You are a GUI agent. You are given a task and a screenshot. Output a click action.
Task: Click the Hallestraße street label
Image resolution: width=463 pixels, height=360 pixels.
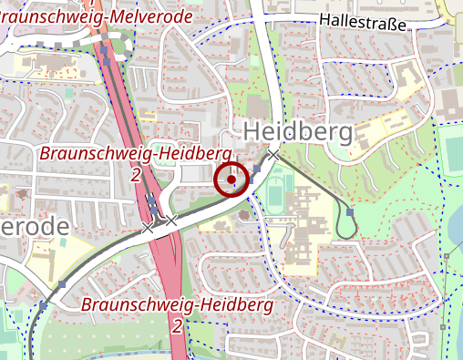pos(363,21)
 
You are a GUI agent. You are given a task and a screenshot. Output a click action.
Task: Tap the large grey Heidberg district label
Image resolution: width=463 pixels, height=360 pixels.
pos(297,132)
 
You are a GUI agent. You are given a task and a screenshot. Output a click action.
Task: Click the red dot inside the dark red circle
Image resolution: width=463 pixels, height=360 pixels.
pos(231,180)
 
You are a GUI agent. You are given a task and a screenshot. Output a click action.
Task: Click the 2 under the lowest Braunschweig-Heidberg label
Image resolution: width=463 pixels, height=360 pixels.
pos(176,324)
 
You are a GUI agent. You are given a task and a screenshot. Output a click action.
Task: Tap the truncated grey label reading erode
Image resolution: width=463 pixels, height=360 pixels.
pos(35,225)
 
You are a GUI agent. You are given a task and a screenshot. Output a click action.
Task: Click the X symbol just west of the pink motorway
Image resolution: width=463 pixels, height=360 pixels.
pos(148,227)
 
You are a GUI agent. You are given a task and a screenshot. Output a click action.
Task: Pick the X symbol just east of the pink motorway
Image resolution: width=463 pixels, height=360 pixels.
pos(171,220)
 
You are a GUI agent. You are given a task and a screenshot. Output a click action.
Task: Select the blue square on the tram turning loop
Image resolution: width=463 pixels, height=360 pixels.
pos(350,212)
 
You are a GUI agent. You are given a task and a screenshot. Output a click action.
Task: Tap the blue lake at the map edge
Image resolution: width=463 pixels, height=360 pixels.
pos(456,228)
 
